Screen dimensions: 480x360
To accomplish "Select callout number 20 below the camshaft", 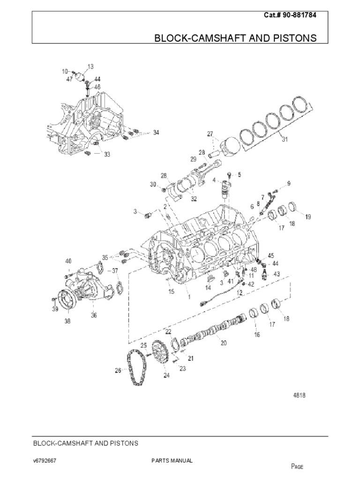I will coord(224,343).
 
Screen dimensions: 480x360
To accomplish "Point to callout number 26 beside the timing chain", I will coord(118,370).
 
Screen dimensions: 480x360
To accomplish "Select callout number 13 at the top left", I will coord(90,67).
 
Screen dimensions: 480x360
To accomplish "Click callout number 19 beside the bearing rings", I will coord(307,217).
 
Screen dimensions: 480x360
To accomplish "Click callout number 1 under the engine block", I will coord(189,296).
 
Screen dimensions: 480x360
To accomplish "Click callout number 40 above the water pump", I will coord(68,261).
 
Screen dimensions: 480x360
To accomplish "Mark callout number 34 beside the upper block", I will coord(156,133).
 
